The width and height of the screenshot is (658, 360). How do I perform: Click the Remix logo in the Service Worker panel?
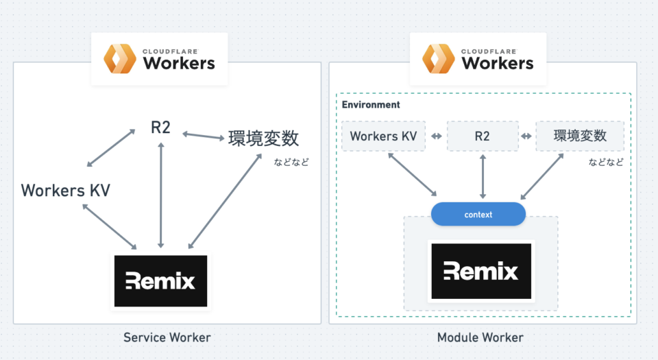(160, 281)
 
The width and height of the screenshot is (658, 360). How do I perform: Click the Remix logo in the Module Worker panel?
(480, 270)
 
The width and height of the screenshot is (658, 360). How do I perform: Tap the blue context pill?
(478, 215)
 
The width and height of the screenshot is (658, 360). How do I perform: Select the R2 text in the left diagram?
(160, 127)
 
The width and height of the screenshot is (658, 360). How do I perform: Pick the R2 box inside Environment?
(483, 136)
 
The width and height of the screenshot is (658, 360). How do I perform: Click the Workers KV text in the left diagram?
(65, 190)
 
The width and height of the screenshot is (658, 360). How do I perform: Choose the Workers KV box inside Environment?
(383, 136)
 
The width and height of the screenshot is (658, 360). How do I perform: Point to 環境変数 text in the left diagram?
(263, 138)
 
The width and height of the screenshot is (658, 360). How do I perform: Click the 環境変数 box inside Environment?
(580, 136)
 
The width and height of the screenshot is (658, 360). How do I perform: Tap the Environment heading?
(371, 105)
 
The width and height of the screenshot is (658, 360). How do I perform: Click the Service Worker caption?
(167, 337)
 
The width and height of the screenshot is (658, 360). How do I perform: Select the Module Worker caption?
(480, 337)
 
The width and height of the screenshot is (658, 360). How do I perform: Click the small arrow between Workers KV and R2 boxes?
(436, 136)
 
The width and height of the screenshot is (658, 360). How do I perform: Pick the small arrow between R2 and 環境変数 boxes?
(526, 136)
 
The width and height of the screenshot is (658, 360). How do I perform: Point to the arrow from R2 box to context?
(483, 177)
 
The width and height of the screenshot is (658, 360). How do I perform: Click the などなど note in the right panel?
(606, 163)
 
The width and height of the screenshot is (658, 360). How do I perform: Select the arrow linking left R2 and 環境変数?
(203, 136)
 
